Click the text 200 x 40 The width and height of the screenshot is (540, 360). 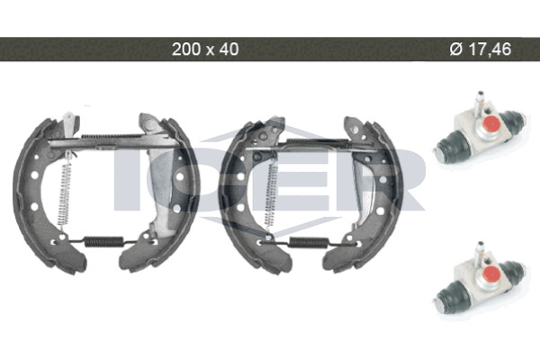[205, 49]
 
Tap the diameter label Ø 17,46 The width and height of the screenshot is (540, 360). [481, 49]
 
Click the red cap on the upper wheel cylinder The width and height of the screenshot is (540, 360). [489, 123]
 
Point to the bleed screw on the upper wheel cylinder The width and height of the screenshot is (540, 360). [479, 103]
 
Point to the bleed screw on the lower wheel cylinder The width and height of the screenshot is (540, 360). [479, 254]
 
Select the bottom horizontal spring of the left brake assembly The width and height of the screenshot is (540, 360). [104, 241]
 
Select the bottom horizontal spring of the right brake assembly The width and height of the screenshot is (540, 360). [309, 242]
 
